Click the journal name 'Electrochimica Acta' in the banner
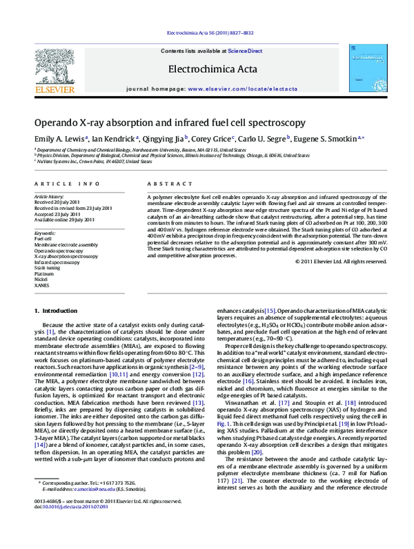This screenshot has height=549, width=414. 207,68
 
